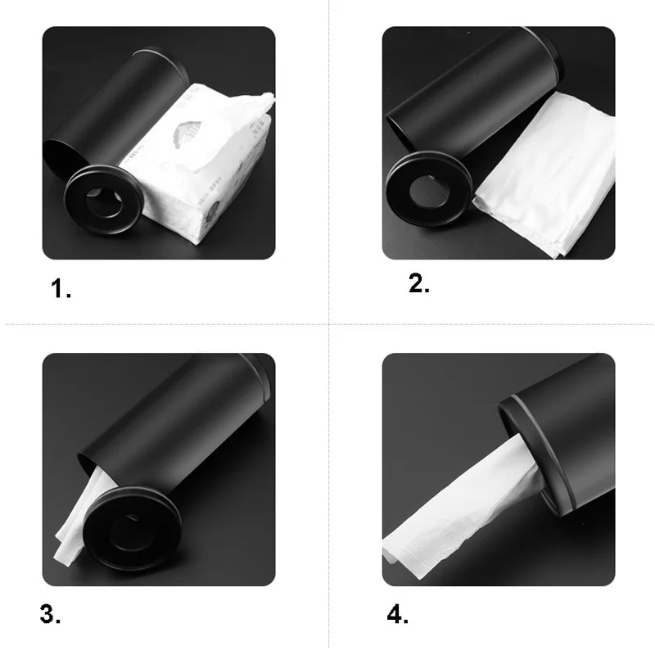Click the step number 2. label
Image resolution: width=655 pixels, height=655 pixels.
(x=418, y=283)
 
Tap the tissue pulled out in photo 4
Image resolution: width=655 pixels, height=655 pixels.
(x=458, y=524)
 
